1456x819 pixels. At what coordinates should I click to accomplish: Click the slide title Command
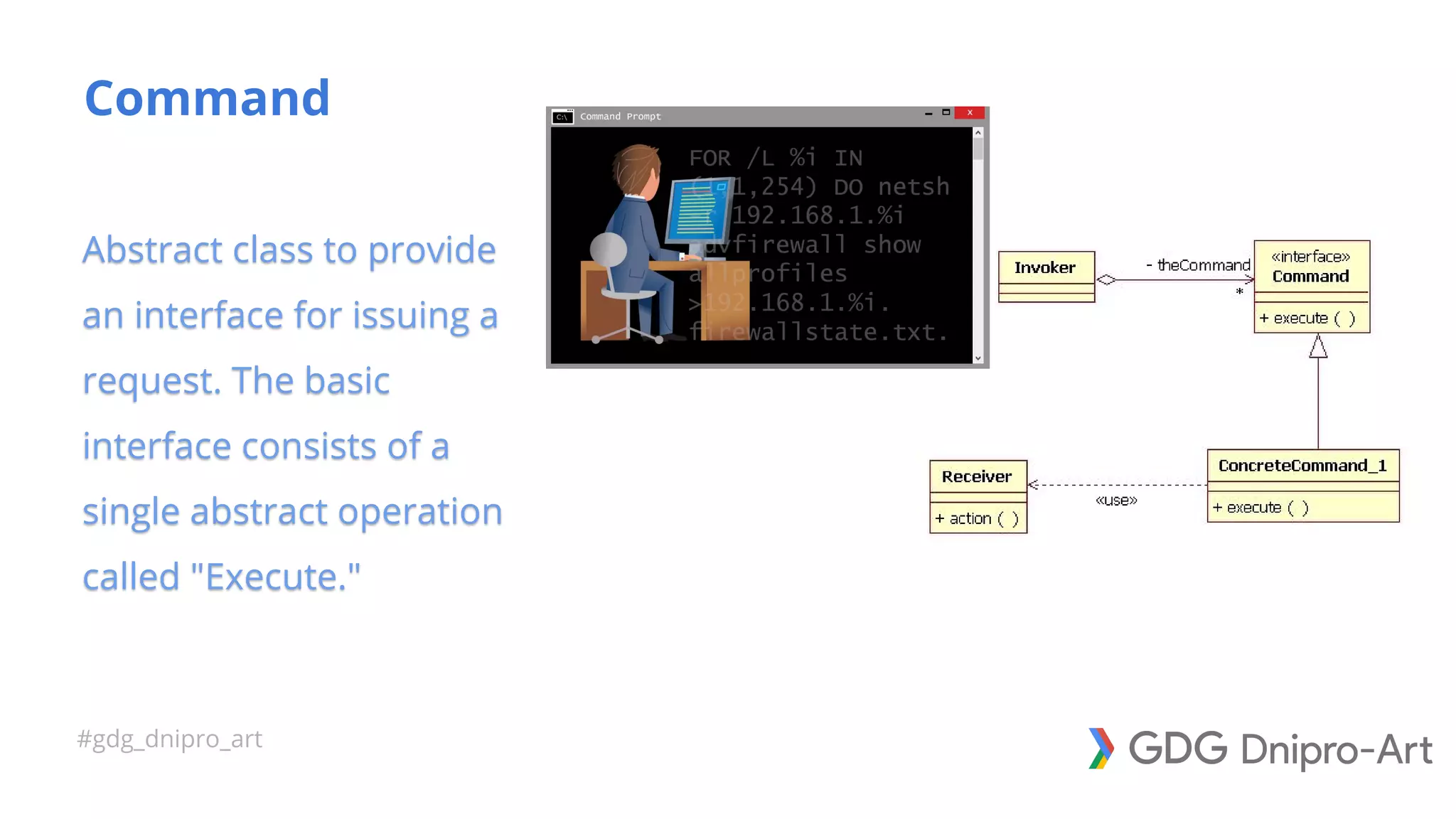tap(207, 98)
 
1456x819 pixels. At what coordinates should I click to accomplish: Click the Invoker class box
tap(1046, 276)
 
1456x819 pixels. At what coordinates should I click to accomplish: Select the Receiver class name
tap(976, 476)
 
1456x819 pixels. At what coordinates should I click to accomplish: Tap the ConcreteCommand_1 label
tap(1302, 466)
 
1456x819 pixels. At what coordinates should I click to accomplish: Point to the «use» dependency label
tap(1116, 500)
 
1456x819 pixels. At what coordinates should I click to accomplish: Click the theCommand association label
tap(1202, 265)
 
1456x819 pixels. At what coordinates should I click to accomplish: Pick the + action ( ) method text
tap(977, 519)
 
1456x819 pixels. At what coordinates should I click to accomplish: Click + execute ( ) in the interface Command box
tap(1307, 318)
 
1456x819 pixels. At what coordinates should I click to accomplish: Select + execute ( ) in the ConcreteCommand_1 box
tap(1260, 508)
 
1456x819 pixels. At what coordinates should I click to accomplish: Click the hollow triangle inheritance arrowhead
tap(1318, 347)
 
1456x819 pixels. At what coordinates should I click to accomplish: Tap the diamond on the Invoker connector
tap(1106, 279)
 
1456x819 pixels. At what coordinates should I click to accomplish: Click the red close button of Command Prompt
tap(969, 113)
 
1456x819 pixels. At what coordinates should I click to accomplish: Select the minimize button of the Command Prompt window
tap(928, 113)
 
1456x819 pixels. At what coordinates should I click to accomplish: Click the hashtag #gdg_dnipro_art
tap(169, 739)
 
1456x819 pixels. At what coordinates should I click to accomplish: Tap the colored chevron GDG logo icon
tap(1101, 748)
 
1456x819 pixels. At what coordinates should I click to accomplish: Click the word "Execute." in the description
tap(276, 577)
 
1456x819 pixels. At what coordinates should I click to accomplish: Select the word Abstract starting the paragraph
tap(152, 250)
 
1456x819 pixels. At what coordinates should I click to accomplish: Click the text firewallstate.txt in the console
tap(818, 332)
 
